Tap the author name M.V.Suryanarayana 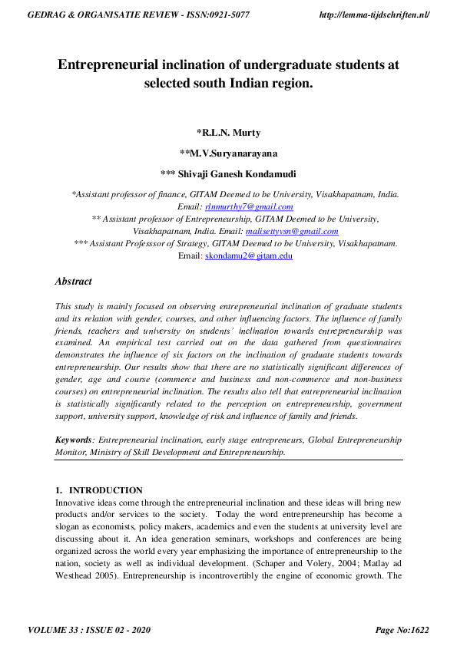coord(228,153)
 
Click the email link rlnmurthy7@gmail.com coord(248,207)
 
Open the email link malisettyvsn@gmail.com coord(292,231)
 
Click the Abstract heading coord(74,282)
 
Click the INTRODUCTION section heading coord(106,490)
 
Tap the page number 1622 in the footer coord(415,630)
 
